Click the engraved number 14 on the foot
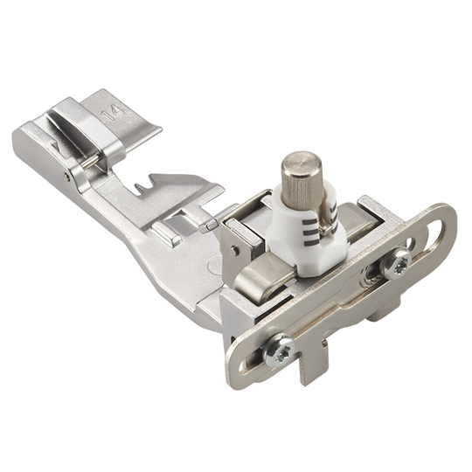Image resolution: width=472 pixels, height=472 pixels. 113,113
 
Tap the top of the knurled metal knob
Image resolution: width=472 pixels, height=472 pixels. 302,163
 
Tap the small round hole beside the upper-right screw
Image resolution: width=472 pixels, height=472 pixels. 413,244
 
